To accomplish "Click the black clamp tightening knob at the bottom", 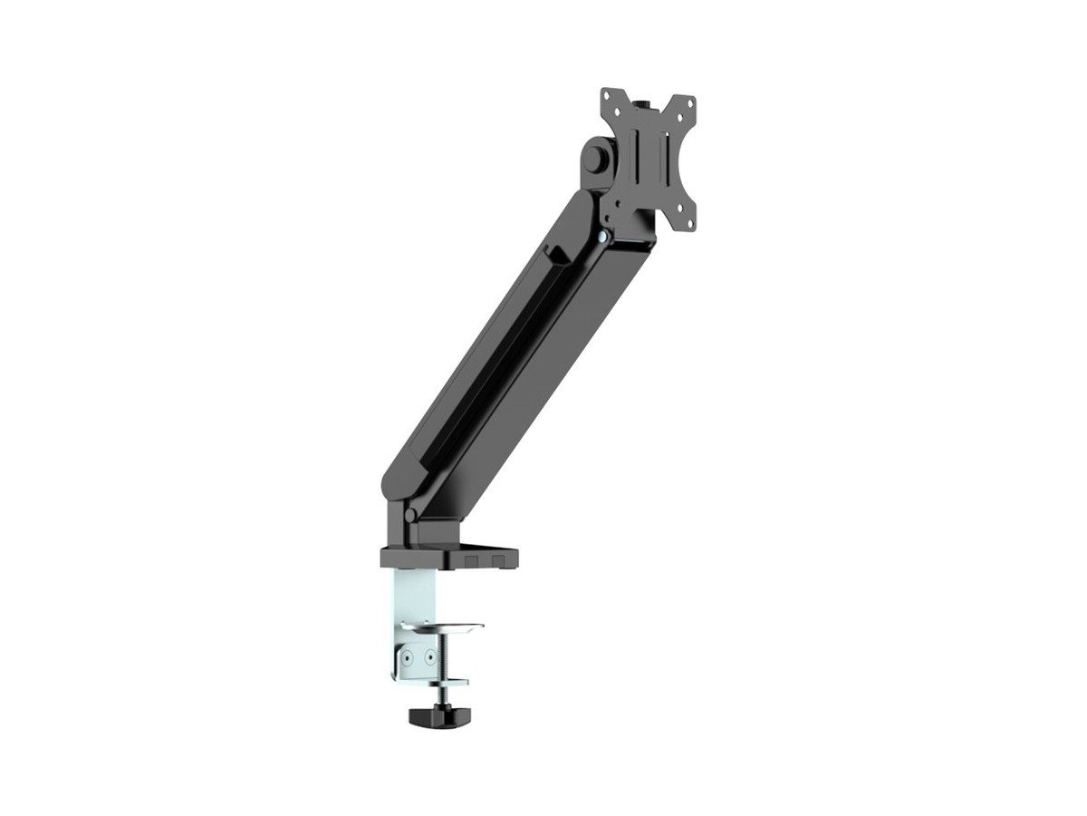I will point(433,716).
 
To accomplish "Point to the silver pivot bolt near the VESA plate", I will point(603,237).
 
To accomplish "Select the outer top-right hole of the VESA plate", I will point(689,102).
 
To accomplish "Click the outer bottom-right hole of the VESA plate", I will point(689,223).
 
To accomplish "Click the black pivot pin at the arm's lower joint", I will point(410,515).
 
